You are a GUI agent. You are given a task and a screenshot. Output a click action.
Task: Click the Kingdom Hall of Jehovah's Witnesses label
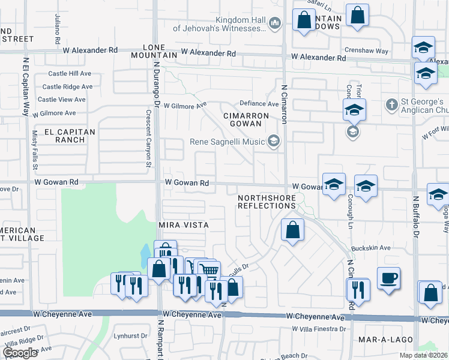pyautogui.click(x=219, y=23)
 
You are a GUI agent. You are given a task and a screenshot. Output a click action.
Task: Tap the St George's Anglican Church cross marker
pyautogui.click(x=391, y=105)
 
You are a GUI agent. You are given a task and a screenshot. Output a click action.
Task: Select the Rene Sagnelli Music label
pyautogui.click(x=228, y=142)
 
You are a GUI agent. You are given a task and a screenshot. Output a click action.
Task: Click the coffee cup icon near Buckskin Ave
pyautogui.click(x=388, y=278)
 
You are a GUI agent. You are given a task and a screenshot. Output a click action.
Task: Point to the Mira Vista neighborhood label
pyautogui.click(x=183, y=225)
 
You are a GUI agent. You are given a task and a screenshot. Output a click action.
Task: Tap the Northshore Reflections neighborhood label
pyautogui.click(x=267, y=202)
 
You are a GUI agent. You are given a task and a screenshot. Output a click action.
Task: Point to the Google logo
pyautogui.click(x=20, y=353)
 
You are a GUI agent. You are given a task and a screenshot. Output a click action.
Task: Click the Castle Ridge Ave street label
pyautogui.click(x=70, y=87)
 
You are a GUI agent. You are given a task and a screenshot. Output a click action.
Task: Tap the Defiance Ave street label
pyautogui.click(x=259, y=104)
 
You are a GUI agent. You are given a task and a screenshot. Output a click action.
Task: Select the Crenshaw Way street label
pyautogui.click(x=366, y=52)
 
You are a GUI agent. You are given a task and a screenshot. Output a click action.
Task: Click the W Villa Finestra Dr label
pyautogui.click(x=319, y=329)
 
